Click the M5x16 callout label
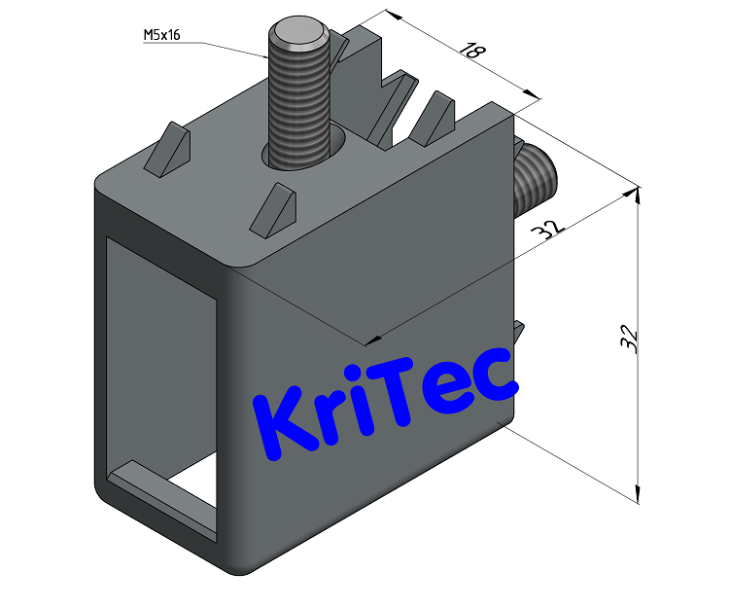click(162, 36)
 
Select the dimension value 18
click(472, 52)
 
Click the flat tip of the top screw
click(297, 36)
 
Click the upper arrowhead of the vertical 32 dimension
click(634, 194)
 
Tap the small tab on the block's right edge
click(519, 334)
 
